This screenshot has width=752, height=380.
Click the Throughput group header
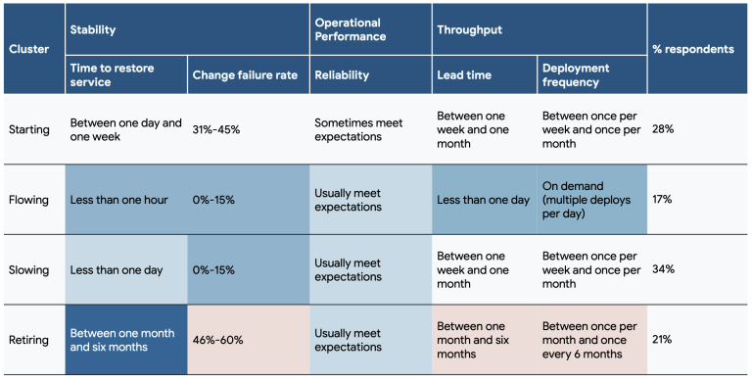[469, 30]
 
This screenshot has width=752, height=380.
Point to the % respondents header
[691, 48]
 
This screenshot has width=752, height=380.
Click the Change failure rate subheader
[245, 74]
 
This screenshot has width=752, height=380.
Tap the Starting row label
[28, 129]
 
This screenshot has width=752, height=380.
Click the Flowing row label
[28, 200]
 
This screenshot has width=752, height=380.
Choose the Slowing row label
[28, 269]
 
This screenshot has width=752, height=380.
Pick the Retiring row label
[28, 340]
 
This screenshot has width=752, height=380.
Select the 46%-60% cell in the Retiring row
[217, 340]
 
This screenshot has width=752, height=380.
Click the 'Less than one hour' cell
[118, 200]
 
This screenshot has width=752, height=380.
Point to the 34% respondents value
[663, 269]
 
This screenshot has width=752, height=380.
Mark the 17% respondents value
[663, 200]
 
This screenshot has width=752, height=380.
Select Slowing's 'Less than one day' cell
[116, 269]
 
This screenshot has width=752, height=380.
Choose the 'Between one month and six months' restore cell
[121, 340]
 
